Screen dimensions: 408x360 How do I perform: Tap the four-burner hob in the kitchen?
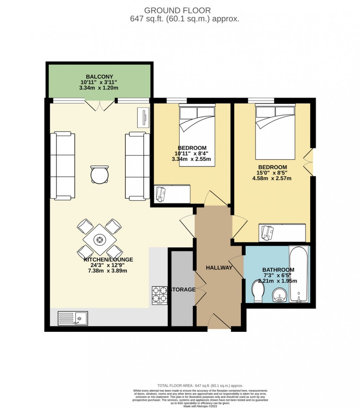click(x=159, y=296)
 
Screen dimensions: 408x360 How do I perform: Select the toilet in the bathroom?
click(x=258, y=291)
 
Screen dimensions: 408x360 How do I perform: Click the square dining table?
click(x=100, y=240)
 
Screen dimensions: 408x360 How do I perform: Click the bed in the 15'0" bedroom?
click(x=275, y=132)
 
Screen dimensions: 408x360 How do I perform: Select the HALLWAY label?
click(x=219, y=268)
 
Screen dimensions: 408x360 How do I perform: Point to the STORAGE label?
click(x=183, y=290)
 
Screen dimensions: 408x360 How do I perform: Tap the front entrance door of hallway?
click(x=219, y=322)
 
